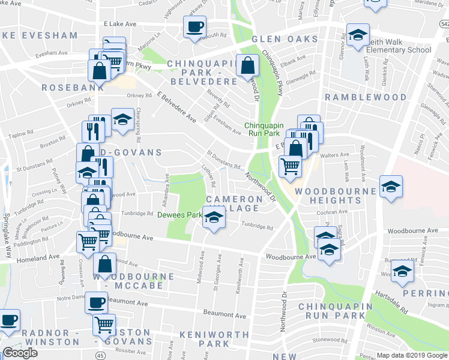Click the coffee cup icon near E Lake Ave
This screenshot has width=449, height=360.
point(194,27)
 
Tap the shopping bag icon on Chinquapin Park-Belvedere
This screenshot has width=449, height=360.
point(247,65)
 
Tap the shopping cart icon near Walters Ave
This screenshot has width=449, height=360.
point(291,165)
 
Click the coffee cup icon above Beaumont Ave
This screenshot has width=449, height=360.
point(96,302)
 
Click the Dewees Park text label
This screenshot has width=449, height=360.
point(179,215)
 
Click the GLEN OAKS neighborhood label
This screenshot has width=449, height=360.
point(285,39)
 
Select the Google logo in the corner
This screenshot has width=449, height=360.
point(20,353)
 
